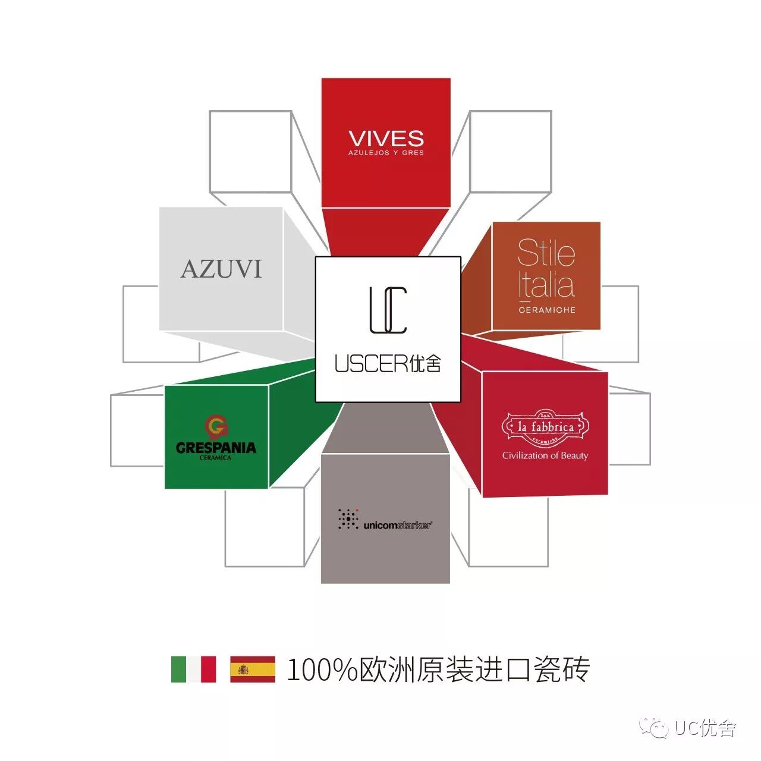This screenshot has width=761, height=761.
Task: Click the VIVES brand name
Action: [386, 139]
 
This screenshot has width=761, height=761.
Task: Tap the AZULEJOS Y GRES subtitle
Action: [386, 153]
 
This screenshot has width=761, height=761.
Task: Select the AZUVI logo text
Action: [221, 269]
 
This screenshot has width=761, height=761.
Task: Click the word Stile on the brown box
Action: [546, 253]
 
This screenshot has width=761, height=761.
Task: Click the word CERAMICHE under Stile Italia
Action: [547, 310]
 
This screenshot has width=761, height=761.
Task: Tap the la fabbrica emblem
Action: [545, 427]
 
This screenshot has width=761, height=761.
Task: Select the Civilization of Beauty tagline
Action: [545, 456]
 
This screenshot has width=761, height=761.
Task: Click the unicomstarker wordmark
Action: [397, 525]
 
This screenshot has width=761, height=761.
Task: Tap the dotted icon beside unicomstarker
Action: [348, 518]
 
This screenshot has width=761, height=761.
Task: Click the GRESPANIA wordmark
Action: [216, 448]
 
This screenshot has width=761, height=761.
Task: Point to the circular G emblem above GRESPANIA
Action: [216, 426]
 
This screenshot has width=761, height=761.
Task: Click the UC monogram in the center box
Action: [388, 310]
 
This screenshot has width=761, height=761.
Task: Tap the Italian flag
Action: [193, 669]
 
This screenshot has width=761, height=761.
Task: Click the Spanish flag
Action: [253, 669]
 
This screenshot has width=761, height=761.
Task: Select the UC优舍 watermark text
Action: [705, 728]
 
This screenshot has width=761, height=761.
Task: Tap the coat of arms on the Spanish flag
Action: [243, 669]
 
